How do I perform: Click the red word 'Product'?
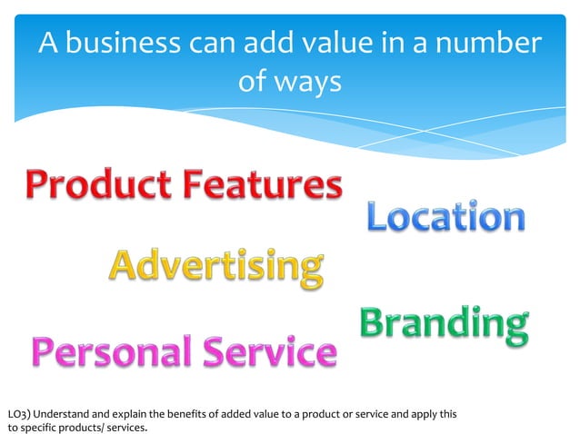[95, 186]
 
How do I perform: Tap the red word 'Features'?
[263, 186]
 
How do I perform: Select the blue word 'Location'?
[445, 217]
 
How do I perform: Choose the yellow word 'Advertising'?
[217, 265]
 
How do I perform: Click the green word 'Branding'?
[444, 324]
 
